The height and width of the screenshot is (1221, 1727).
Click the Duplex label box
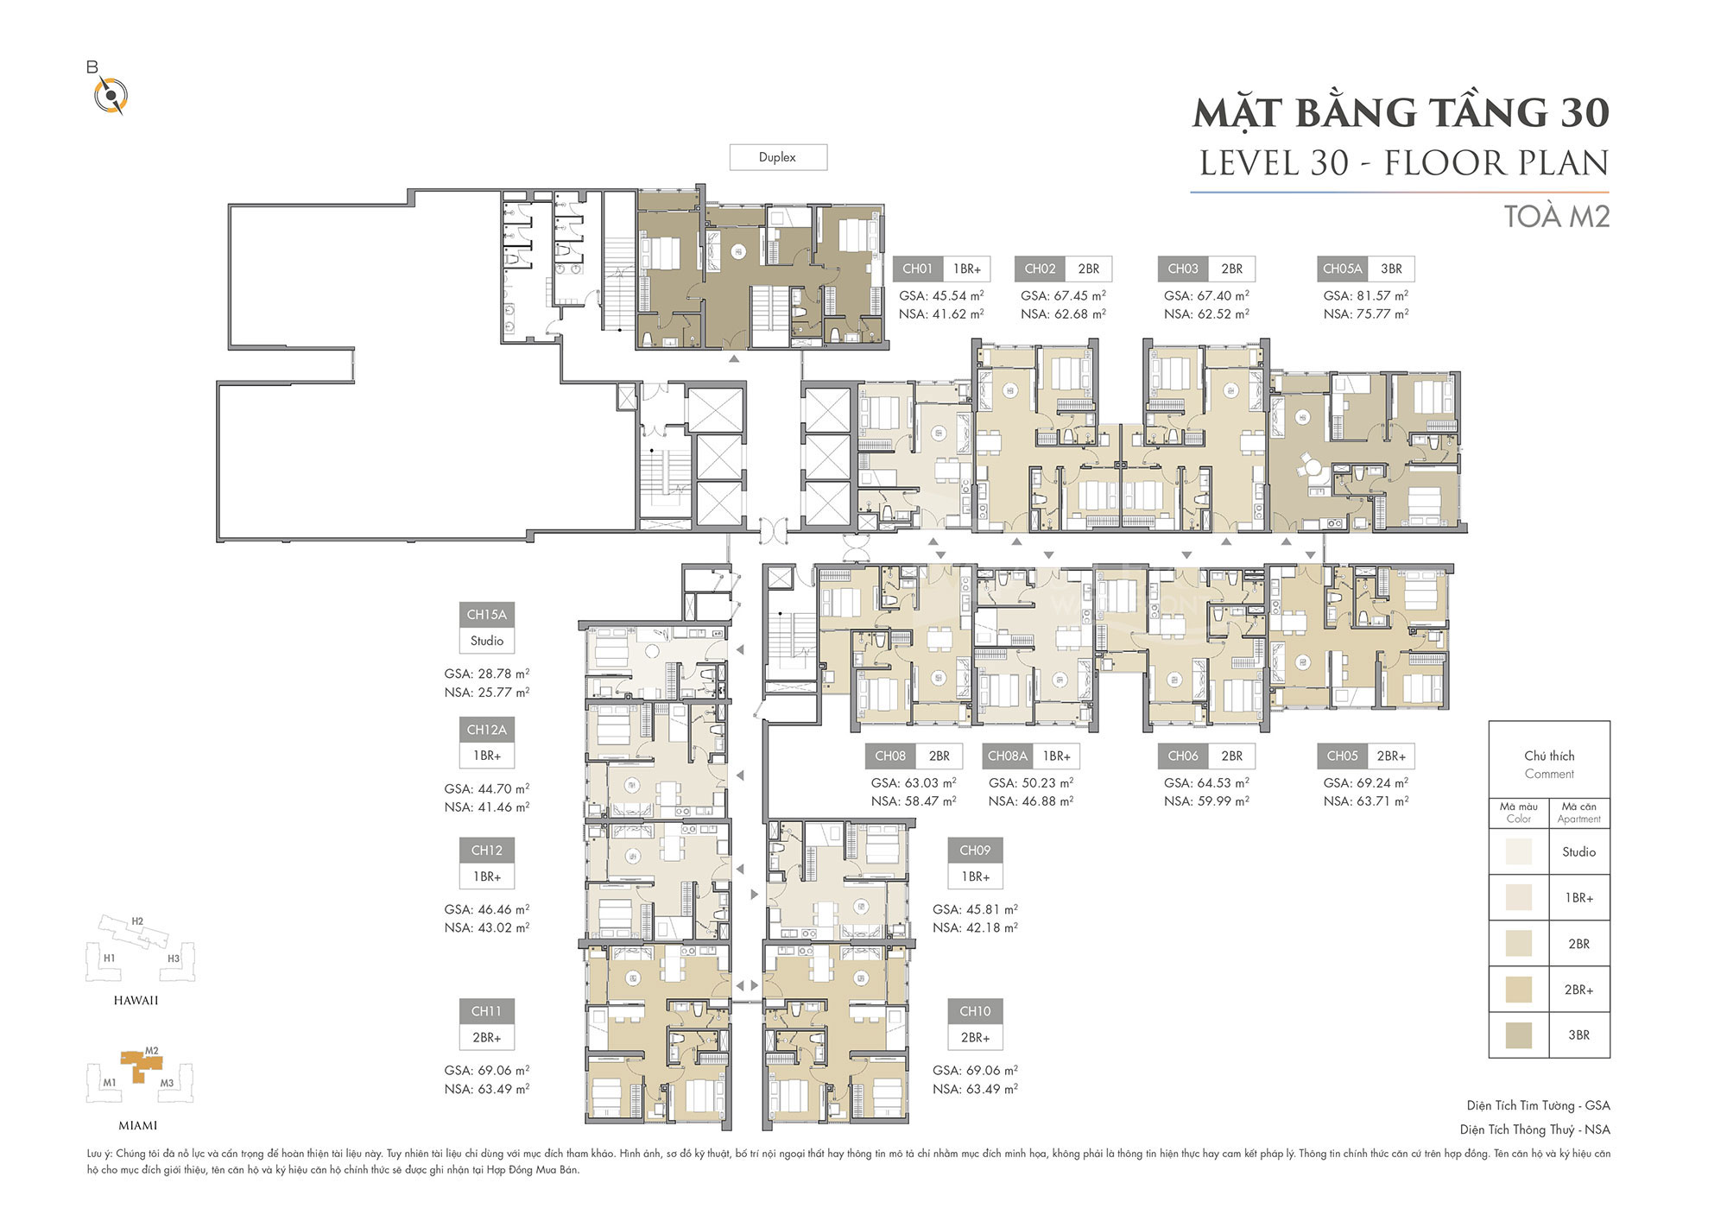coord(778,157)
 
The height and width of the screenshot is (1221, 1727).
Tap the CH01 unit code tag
coord(917,269)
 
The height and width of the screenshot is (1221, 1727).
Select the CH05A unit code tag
coord(1342,269)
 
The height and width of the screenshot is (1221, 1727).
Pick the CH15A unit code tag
coord(487,615)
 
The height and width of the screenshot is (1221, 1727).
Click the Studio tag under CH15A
coord(487,641)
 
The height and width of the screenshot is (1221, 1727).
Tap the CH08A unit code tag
coord(1008,756)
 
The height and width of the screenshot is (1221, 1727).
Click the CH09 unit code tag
coord(975,851)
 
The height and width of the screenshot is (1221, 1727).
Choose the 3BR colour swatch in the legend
coord(1519,1035)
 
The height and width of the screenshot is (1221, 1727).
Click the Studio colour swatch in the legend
coord(1519,851)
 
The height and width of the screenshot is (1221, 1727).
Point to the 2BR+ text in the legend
coord(1579,990)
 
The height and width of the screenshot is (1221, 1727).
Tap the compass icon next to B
coord(111,94)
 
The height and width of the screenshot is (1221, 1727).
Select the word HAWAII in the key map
coord(136,1000)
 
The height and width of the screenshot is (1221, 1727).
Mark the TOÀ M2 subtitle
coord(1557,216)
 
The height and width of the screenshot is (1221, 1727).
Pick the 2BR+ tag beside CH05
coord(1391,756)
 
